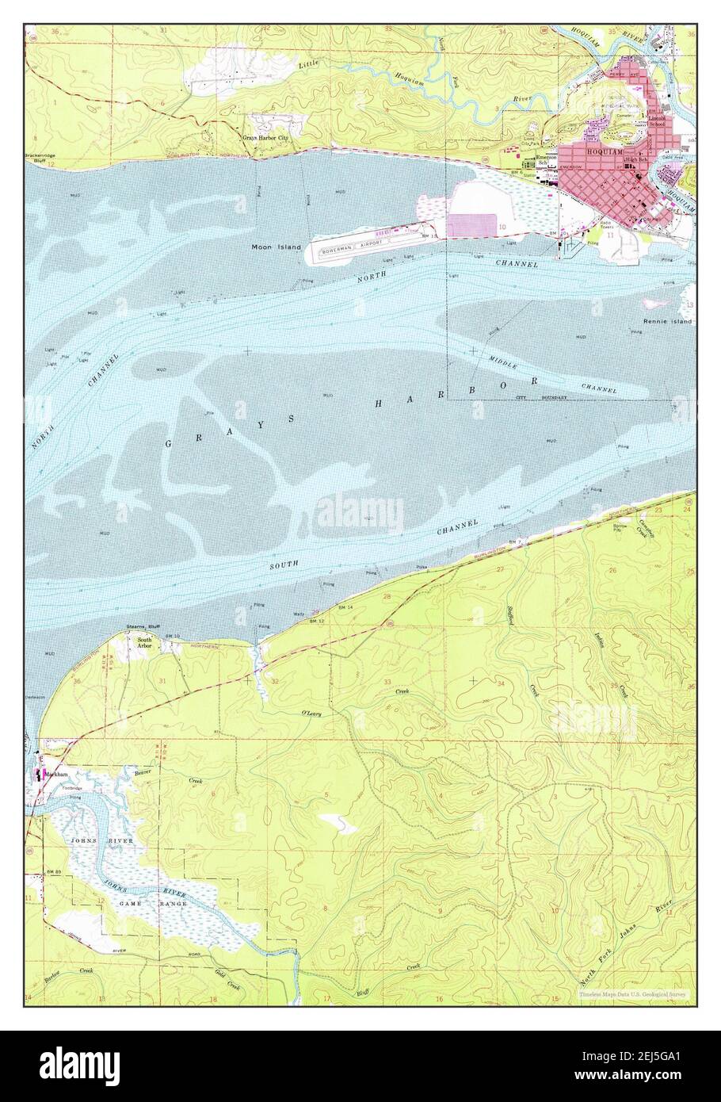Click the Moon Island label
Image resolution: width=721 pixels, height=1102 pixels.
pos(277,247)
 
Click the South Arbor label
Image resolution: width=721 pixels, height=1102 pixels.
pos(144,643)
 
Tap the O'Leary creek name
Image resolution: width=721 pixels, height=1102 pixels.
pos(311,714)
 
